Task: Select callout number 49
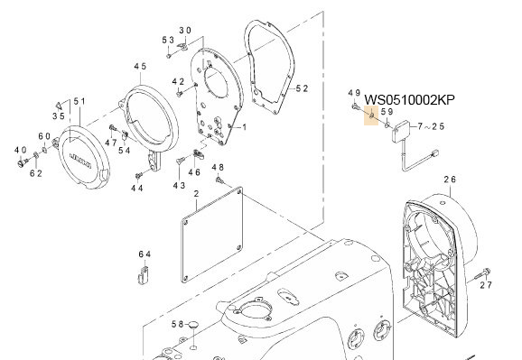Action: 354,93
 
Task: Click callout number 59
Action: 386,112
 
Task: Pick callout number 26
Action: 449,180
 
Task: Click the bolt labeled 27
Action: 488,272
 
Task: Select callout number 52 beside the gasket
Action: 303,88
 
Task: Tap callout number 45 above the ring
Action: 140,68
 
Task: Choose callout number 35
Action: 58,115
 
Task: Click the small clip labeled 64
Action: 144,273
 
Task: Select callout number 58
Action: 179,324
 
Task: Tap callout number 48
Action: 217,168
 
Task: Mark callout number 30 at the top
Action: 184,31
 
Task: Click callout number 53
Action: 168,41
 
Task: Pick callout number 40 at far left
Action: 19,149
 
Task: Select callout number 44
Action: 136,189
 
